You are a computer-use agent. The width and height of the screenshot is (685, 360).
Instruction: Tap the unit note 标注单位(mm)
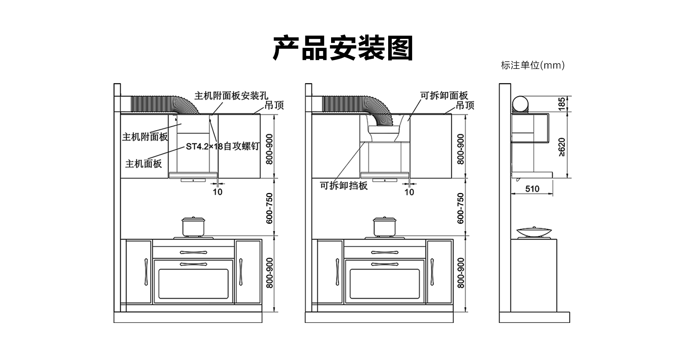(533, 65)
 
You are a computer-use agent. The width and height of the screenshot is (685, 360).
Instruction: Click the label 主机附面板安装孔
(231, 96)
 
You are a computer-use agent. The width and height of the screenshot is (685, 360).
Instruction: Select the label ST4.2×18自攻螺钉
(222, 146)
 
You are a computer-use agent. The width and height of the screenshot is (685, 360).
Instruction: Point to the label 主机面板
(143, 163)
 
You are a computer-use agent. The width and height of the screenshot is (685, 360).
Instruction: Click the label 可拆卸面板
(444, 96)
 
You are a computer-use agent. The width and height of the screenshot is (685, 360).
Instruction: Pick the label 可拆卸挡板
(343, 186)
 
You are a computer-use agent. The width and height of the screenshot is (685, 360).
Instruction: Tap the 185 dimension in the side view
(562, 104)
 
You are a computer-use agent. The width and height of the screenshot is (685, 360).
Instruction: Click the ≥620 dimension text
(562, 147)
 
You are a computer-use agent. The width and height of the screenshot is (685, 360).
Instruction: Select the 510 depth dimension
(532, 189)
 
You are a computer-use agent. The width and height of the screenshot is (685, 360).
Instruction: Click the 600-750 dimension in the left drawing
(269, 208)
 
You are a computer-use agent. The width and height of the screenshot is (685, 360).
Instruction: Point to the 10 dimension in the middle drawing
(409, 192)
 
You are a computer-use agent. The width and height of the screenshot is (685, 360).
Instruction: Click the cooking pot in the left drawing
(193, 227)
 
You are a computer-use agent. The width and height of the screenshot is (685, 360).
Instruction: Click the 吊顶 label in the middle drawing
(465, 106)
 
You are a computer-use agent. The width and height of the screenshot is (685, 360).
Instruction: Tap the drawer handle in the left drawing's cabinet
(193, 252)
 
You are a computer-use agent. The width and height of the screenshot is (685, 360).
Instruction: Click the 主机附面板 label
(145, 137)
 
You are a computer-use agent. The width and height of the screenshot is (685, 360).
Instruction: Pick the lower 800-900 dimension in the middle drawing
(461, 273)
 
